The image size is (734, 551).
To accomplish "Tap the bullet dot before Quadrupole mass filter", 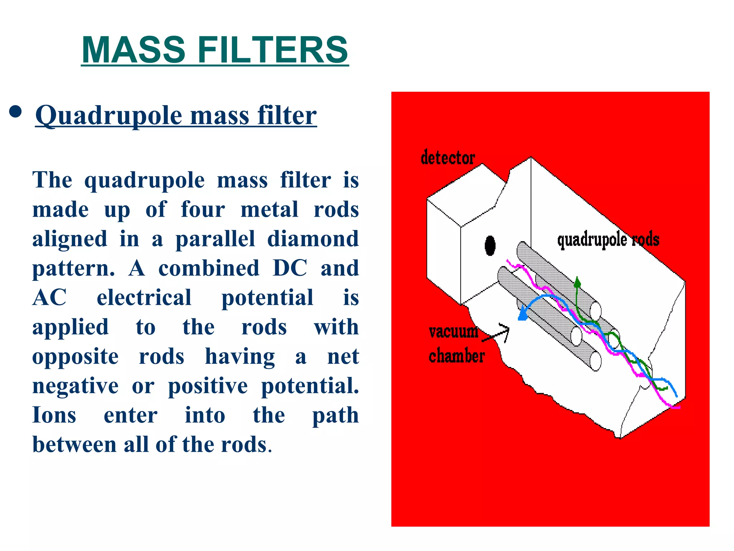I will click(x=15, y=112).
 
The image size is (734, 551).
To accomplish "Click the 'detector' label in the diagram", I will click(x=448, y=158).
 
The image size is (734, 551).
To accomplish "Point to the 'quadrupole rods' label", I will click(x=608, y=240).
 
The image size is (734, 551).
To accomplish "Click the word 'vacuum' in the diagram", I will click(x=453, y=331).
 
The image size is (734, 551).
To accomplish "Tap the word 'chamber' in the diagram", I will click(x=457, y=356).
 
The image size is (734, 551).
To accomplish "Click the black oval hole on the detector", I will click(x=490, y=246).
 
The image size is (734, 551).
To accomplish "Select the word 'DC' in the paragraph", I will click(x=290, y=268).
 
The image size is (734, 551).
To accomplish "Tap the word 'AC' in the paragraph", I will click(x=49, y=298).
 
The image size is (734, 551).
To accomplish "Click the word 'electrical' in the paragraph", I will click(x=144, y=298).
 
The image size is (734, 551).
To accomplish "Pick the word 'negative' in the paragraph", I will click(x=75, y=386).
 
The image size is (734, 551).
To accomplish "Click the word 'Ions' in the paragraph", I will click(x=54, y=415).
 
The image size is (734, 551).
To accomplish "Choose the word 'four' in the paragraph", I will click(x=203, y=209).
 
